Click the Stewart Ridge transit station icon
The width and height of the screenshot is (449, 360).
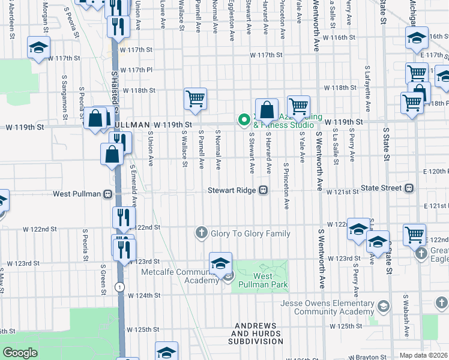pyautogui.click(x=263, y=191)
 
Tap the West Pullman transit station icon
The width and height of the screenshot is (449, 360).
pyautogui.click(x=107, y=194)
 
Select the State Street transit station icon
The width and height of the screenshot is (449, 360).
pyautogui.click(x=409, y=188)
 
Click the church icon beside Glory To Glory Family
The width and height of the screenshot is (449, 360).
pyautogui.click(x=202, y=233)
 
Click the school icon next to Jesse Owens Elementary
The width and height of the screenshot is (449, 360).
pyautogui.click(x=382, y=307)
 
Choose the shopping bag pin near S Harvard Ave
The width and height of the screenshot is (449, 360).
pyautogui.click(x=267, y=110)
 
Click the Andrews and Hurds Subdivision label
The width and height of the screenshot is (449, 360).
pyautogui.click(x=256, y=334)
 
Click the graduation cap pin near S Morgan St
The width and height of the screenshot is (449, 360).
pyautogui.click(x=38, y=47)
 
